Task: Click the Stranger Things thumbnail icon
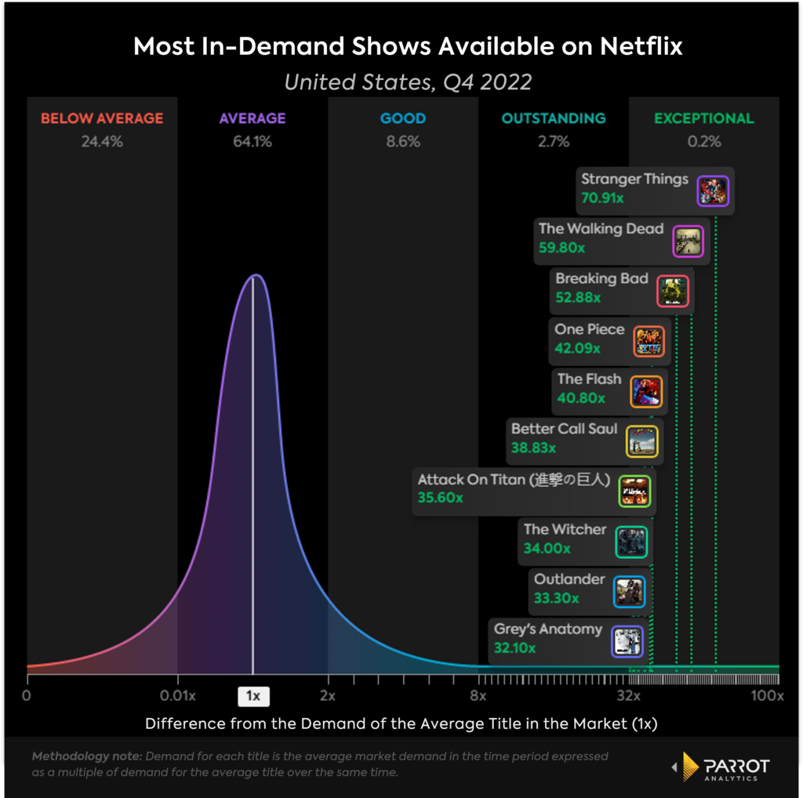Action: (713, 190)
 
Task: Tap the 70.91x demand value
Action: (602, 198)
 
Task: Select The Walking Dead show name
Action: (601, 229)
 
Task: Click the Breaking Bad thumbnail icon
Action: (672, 291)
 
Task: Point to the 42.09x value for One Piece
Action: (577, 348)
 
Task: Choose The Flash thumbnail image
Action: (647, 391)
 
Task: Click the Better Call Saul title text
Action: (564, 429)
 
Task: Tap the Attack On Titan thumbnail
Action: (634, 491)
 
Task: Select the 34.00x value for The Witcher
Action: (547, 548)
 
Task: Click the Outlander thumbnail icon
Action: (629, 592)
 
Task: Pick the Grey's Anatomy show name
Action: (547, 629)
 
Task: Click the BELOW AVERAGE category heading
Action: (102, 118)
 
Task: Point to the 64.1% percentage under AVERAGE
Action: (253, 142)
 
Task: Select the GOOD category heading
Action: (403, 118)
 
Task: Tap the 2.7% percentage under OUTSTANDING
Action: (554, 142)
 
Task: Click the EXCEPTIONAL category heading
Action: (704, 118)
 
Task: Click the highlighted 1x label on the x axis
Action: (253, 696)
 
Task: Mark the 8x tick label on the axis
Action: (478, 696)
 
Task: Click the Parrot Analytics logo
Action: (720, 767)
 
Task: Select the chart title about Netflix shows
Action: (408, 46)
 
